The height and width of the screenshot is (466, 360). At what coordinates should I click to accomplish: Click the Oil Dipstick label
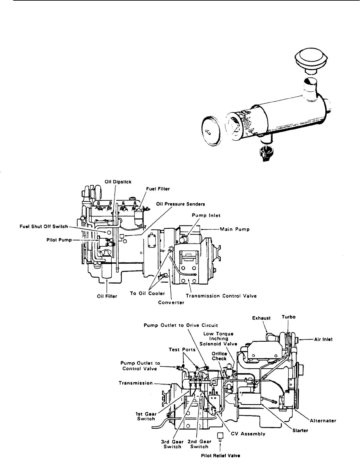point(118,182)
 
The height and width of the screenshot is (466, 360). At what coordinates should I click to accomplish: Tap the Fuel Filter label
point(158,189)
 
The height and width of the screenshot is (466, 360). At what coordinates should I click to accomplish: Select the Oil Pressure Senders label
point(180,204)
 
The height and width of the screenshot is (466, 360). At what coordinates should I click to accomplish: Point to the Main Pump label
point(235,229)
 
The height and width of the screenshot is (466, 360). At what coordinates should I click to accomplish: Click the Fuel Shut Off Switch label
point(44,226)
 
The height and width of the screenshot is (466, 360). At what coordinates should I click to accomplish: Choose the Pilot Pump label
point(59,240)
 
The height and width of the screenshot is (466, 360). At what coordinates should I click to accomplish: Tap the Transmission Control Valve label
point(221,296)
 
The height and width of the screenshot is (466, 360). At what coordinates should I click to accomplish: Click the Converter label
point(171,303)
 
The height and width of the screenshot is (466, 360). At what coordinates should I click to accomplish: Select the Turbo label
point(288,317)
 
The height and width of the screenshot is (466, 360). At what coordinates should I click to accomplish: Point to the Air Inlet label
point(323,339)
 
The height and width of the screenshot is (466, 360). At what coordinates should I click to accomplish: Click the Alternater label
point(323,420)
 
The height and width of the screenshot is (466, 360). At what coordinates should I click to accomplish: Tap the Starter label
point(300,430)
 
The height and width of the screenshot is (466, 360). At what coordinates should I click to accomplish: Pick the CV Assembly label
point(248,434)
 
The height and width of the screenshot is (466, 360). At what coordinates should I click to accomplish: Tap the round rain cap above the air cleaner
point(311,58)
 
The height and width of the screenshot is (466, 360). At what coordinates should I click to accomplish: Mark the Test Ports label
point(182,349)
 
